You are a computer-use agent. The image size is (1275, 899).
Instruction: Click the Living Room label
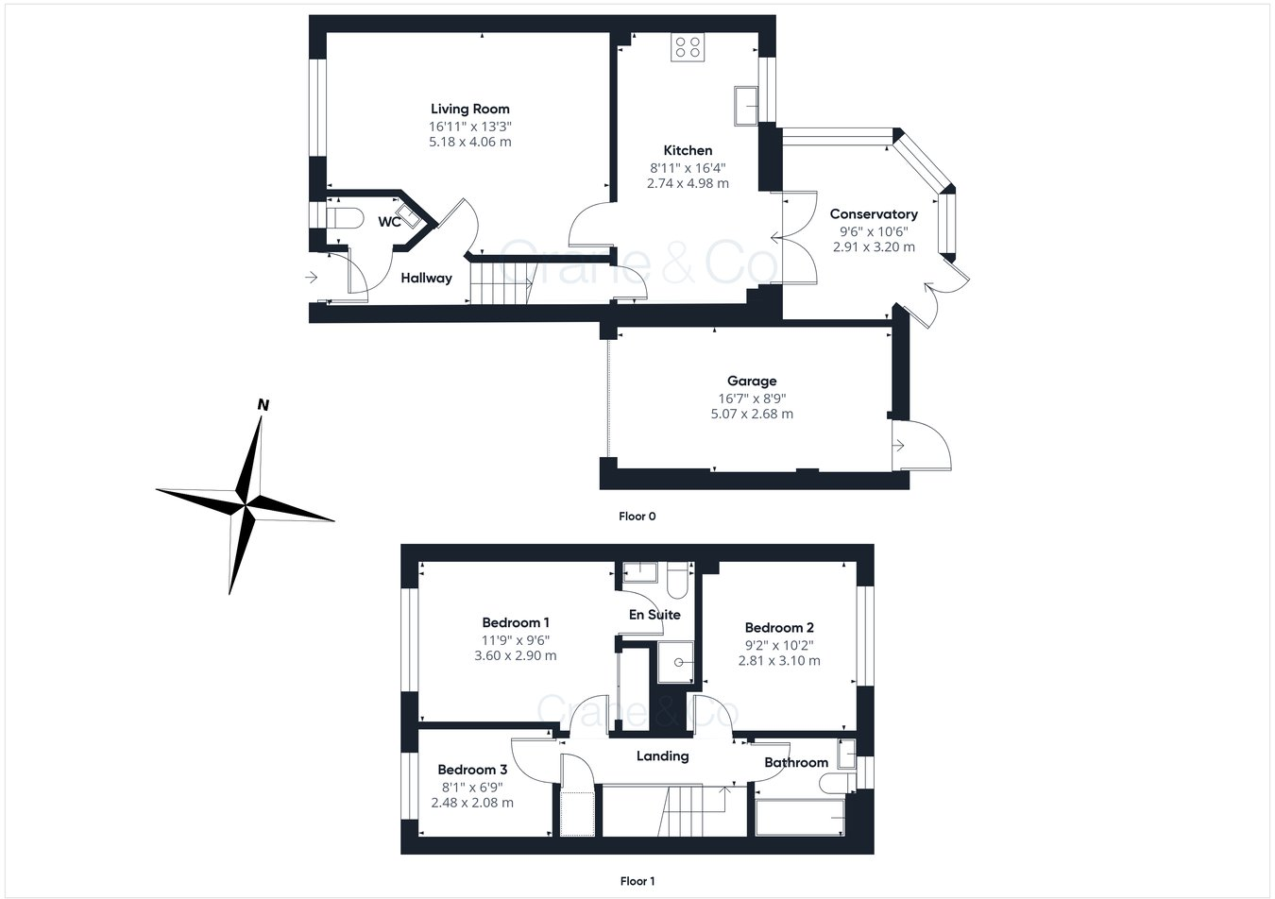click(469, 109)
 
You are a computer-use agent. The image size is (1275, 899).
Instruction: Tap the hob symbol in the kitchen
click(687, 47)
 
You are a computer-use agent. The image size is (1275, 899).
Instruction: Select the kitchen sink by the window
click(745, 105)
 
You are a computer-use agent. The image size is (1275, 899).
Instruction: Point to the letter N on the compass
click(263, 405)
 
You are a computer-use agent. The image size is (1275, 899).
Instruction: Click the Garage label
click(752, 382)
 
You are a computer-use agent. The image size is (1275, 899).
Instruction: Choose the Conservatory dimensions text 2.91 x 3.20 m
click(874, 246)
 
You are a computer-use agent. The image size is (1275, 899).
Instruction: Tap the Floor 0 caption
click(637, 517)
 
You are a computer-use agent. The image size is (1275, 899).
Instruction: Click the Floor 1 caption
click(637, 881)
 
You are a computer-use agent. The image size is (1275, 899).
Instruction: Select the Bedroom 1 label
click(515, 622)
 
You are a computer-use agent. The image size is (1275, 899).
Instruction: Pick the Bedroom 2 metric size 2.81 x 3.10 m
click(779, 660)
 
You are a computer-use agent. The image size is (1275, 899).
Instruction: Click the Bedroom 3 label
click(472, 770)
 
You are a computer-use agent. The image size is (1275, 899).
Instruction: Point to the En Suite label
click(654, 615)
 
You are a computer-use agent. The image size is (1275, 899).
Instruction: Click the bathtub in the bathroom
click(800, 817)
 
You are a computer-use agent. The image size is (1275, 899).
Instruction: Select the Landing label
click(662, 755)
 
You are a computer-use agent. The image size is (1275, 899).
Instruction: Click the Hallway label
click(426, 278)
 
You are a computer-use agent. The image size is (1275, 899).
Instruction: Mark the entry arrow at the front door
click(312, 278)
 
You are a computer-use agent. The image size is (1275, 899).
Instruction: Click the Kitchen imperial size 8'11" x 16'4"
click(688, 167)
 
